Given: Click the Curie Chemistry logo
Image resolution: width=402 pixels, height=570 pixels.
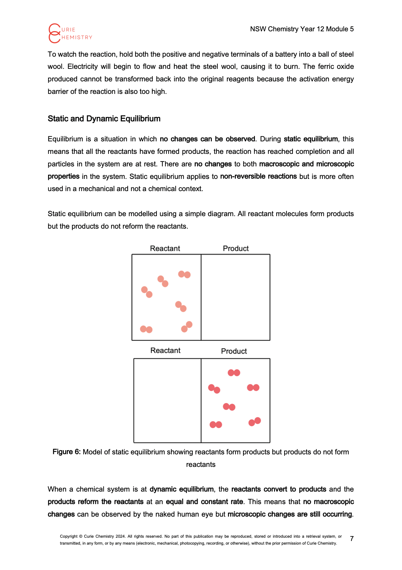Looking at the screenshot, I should pyautogui.click(x=70, y=33).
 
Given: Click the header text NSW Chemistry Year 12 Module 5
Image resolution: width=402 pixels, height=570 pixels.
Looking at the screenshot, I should pyautogui.click(x=302, y=29).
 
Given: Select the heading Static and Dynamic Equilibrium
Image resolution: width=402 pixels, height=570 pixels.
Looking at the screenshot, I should pyautogui.click(x=104, y=119).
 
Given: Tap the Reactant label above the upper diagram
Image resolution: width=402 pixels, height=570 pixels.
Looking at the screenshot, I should pyautogui.click(x=165, y=248).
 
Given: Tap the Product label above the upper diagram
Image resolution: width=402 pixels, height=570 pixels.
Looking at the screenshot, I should pyautogui.click(x=236, y=248).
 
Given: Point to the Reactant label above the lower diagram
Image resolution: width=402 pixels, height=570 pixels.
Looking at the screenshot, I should pyautogui.click(x=165, y=351).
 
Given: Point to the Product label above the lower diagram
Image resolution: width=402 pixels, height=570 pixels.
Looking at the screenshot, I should pyautogui.click(x=234, y=351).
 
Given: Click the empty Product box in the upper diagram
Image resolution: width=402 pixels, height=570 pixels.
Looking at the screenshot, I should pyautogui.click(x=236, y=297).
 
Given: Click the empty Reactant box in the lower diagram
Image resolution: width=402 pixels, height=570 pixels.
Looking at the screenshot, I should pyautogui.click(x=167, y=401).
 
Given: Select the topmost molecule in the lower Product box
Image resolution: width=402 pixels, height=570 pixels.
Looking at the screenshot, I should pyautogui.click(x=234, y=373).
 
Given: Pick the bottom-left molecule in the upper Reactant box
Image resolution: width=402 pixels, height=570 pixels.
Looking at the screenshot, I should pyautogui.click(x=146, y=329).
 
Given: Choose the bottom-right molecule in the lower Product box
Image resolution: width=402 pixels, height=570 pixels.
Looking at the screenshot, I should pyautogui.click(x=255, y=422).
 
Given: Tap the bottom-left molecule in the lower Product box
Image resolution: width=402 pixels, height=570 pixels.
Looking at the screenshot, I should pyautogui.click(x=216, y=425).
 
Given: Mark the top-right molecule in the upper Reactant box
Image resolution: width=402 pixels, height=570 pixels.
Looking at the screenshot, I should pyautogui.click(x=184, y=274).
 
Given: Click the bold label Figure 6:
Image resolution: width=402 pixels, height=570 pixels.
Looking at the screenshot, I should pyautogui.click(x=66, y=452).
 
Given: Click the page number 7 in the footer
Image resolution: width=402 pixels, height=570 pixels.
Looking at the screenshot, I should pyautogui.click(x=352, y=539).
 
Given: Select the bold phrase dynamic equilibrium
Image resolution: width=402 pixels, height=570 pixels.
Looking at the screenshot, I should pyautogui.click(x=182, y=489).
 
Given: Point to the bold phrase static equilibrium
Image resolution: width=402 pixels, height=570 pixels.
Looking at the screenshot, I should pyautogui.click(x=311, y=139).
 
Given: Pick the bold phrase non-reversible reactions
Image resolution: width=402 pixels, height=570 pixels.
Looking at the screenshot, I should pyautogui.click(x=258, y=177).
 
